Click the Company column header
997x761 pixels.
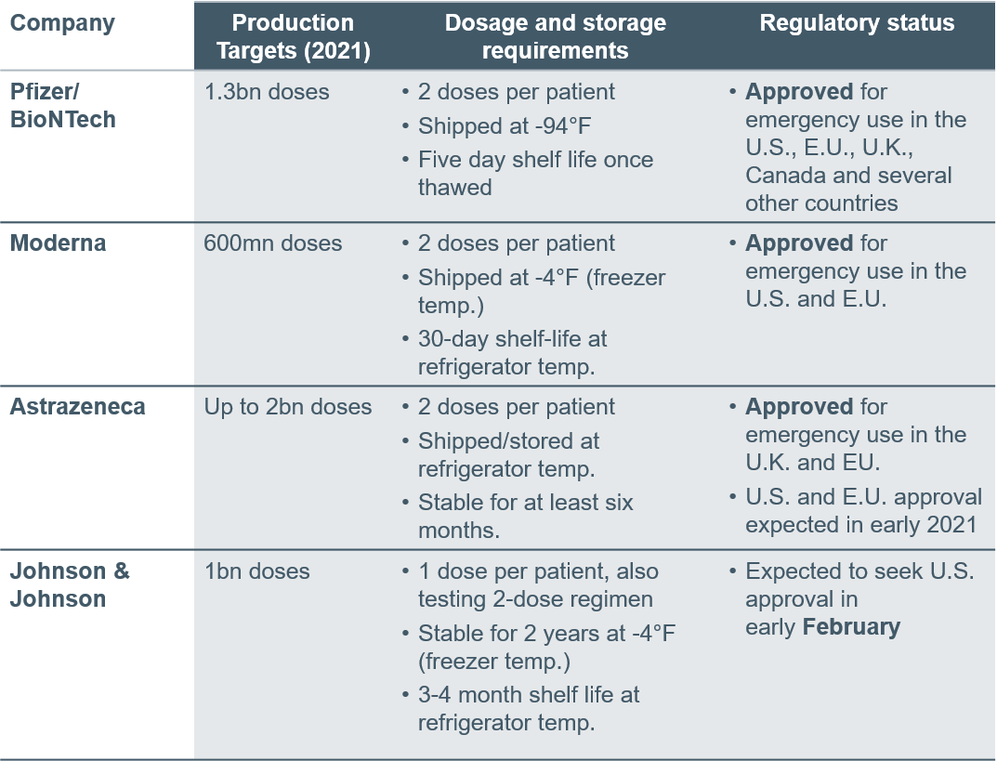tap(62, 23)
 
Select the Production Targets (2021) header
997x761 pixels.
tap(293, 36)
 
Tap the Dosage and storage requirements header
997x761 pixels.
tap(555, 36)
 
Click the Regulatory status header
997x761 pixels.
tap(857, 23)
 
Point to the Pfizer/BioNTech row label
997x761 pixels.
tap(63, 106)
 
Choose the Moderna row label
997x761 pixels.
tap(58, 243)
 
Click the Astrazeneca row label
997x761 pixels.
tap(77, 406)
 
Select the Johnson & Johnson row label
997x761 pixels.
tap(70, 584)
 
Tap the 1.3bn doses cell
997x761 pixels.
tap(267, 92)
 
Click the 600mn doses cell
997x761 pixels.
tap(273, 243)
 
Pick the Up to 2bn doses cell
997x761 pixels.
tap(287, 407)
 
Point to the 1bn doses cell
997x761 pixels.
tap(256, 571)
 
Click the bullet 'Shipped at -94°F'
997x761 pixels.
tap(505, 125)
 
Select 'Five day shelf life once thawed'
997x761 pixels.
tap(535, 174)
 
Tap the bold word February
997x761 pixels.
tap(851, 627)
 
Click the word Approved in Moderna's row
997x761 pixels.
tap(798, 243)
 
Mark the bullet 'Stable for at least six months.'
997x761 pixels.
tap(525, 517)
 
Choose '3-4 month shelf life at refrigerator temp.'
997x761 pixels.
tap(529, 709)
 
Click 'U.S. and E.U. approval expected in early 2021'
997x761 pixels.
tap(863, 510)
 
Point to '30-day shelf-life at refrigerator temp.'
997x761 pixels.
tap(512, 353)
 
